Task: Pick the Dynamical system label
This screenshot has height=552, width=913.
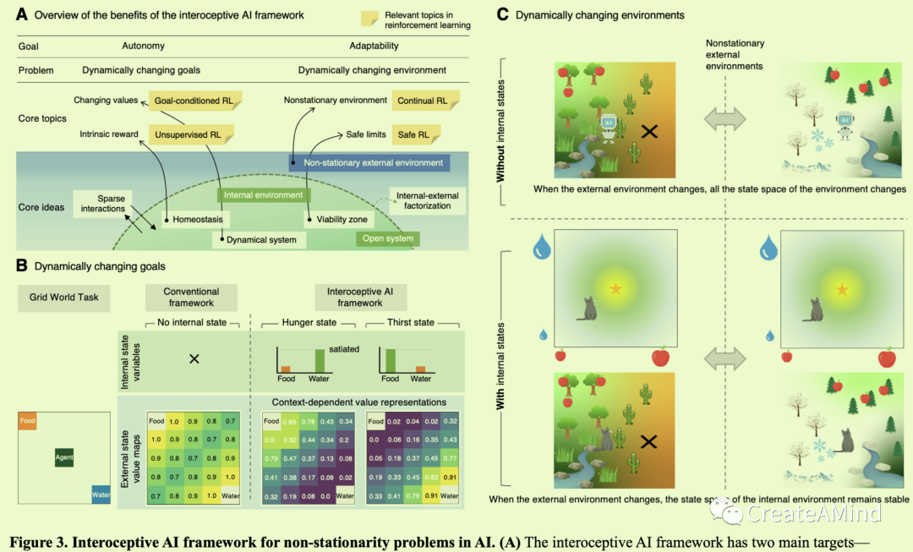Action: click(260, 239)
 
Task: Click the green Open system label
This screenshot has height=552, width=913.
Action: click(387, 238)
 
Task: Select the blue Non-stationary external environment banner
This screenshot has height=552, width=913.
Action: click(367, 162)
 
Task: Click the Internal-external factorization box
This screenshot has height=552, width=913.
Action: click(427, 200)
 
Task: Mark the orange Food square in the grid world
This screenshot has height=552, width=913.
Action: click(29, 420)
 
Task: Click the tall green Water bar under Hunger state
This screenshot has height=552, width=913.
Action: click(320, 359)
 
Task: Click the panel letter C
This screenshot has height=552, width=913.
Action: click(503, 14)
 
